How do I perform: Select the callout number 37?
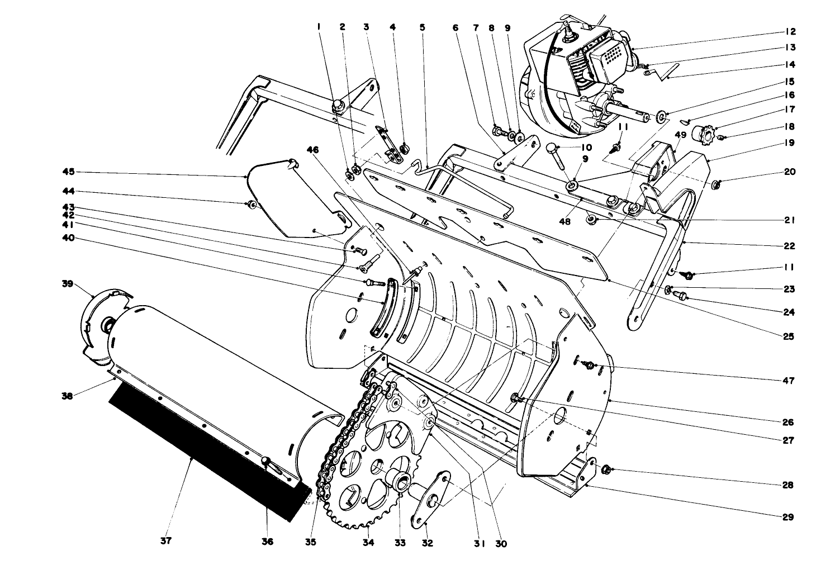click(166, 541)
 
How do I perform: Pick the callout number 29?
click(787, 517)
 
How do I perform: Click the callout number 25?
click(789, 336)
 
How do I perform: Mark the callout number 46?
click(313, 150)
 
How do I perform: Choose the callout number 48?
click(564, 222)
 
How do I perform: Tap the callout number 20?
click(789, 172)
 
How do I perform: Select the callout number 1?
click(319, 26)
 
